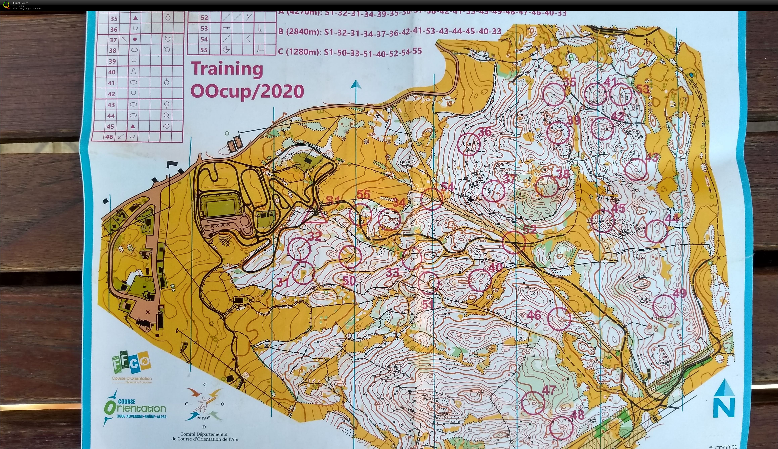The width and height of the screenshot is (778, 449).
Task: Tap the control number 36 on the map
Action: coord(484,132)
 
